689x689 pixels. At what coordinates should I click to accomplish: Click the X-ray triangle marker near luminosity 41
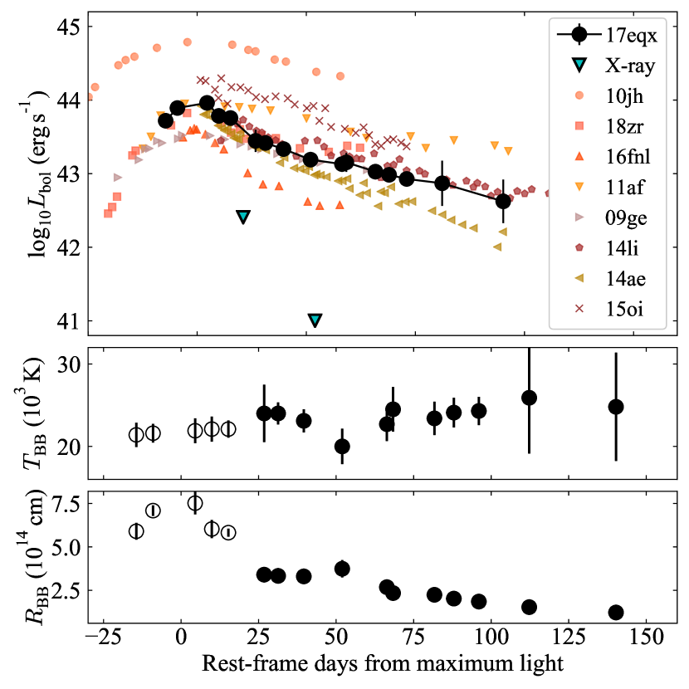[x=315, y=320]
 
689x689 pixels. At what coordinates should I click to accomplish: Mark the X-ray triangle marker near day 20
[x=243, y=217]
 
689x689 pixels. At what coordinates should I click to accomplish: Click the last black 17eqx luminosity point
[x=503, y=201]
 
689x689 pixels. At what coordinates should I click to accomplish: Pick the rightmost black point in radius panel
[x=616, y=612]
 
